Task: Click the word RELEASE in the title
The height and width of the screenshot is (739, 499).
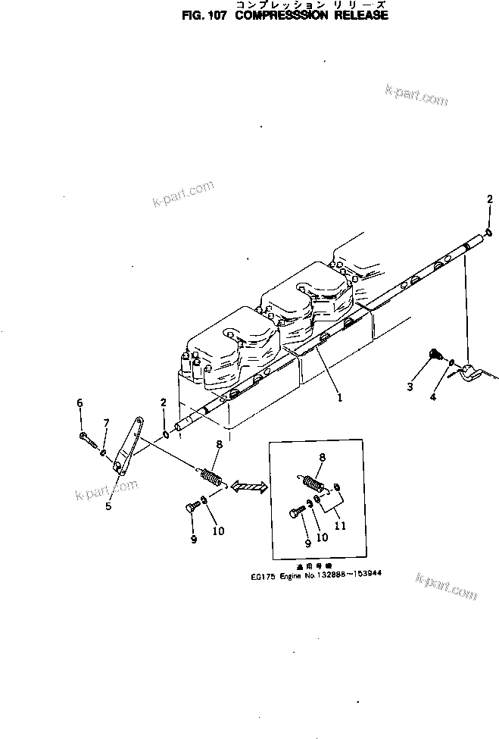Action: click(357, 14)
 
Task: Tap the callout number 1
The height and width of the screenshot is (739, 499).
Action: click(340, 396)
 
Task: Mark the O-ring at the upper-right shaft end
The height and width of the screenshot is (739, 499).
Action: click(489, 232)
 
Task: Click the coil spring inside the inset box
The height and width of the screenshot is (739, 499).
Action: click(314, 483)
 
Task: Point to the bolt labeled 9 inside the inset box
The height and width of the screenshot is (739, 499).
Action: click(296, 514)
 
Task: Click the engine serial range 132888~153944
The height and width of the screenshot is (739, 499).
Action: click(351, 574)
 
